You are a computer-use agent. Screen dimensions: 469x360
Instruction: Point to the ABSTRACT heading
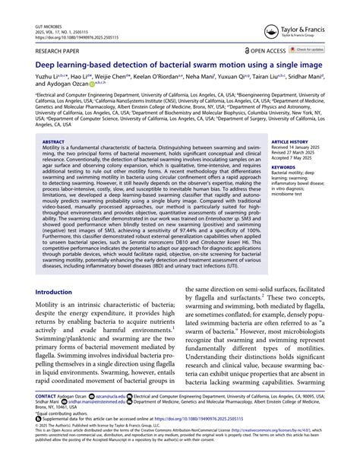tap(53, 141)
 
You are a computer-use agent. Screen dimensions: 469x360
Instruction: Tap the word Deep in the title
tap(46, 66)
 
